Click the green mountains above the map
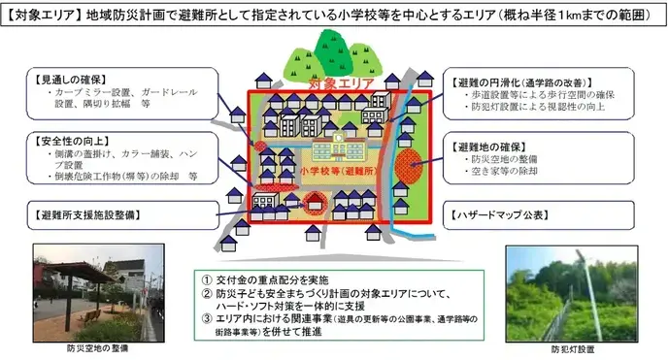point(331,54)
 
